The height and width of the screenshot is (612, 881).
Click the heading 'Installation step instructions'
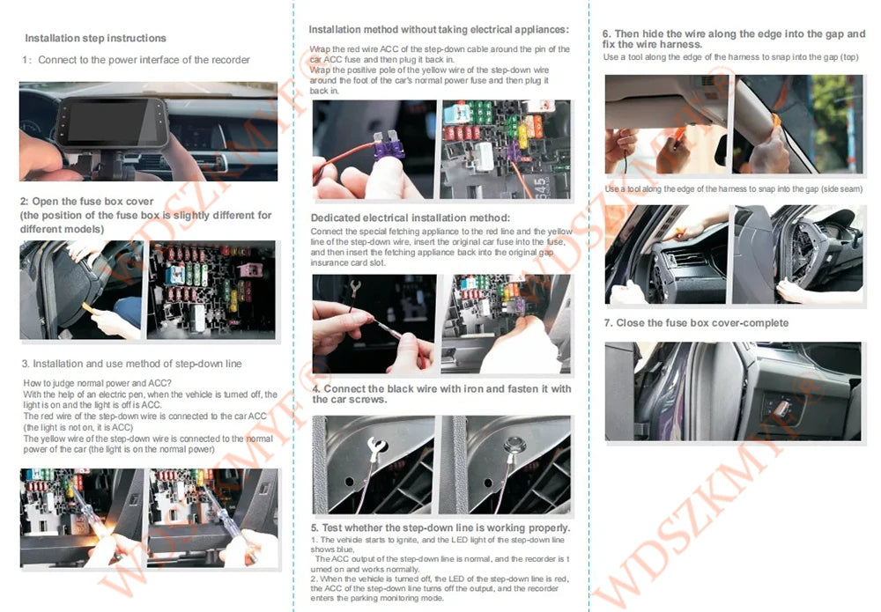[x=95, y=39]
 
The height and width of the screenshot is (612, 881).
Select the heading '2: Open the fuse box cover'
[x=87, y=202]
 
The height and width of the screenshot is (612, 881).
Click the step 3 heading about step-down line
[x=131, y=364]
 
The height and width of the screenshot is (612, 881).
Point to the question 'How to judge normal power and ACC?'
[x=97, y=383]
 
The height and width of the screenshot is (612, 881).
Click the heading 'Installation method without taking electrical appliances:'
[x=438, y=30]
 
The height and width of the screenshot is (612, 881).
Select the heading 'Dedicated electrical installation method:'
[x=410, y=218]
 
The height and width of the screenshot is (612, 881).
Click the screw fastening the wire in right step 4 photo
[x=508, y=447]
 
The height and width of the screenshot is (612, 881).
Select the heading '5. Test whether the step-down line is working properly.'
[x=440, y=527]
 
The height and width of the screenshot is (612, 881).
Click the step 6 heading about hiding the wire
[x=734, y=39]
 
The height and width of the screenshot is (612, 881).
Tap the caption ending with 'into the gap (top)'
[x=730, y=57]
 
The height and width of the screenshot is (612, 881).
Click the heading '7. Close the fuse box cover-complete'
[x=696, y=323]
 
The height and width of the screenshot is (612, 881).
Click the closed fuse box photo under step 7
[x=732, y=391]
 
